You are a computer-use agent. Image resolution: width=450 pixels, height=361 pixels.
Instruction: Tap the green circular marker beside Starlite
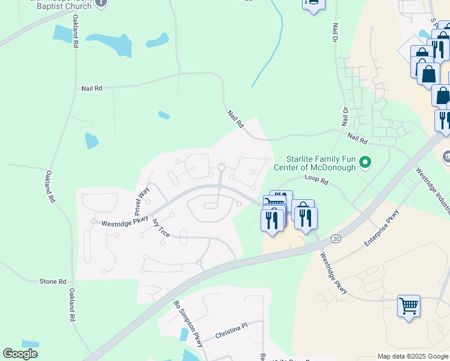365,162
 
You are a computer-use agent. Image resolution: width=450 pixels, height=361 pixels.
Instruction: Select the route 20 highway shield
335,239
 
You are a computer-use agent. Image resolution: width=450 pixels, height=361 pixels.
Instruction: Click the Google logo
20,354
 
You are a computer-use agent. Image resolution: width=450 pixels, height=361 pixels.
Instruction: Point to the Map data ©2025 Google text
412,356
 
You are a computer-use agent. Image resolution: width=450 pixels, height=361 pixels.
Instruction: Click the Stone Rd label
52,282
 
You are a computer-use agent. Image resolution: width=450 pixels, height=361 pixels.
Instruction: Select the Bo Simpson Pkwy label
188,323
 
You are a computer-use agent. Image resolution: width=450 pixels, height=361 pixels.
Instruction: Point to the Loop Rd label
316,179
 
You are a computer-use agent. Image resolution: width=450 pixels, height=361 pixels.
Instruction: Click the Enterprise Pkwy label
381,233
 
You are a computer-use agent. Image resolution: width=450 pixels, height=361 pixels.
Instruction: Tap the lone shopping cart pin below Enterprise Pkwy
408,306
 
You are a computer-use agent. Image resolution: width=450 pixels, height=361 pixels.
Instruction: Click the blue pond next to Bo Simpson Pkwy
183,335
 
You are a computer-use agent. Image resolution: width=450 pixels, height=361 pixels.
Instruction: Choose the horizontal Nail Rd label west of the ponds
91,88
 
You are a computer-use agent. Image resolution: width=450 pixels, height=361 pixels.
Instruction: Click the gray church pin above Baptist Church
101,2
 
